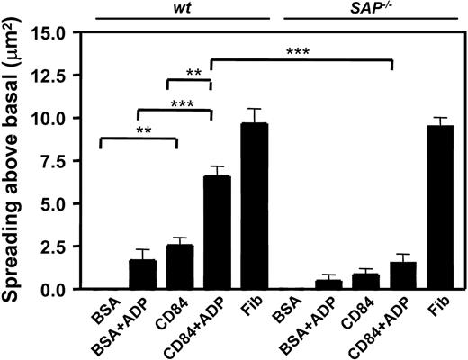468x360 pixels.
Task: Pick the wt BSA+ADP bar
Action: [137, 274]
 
